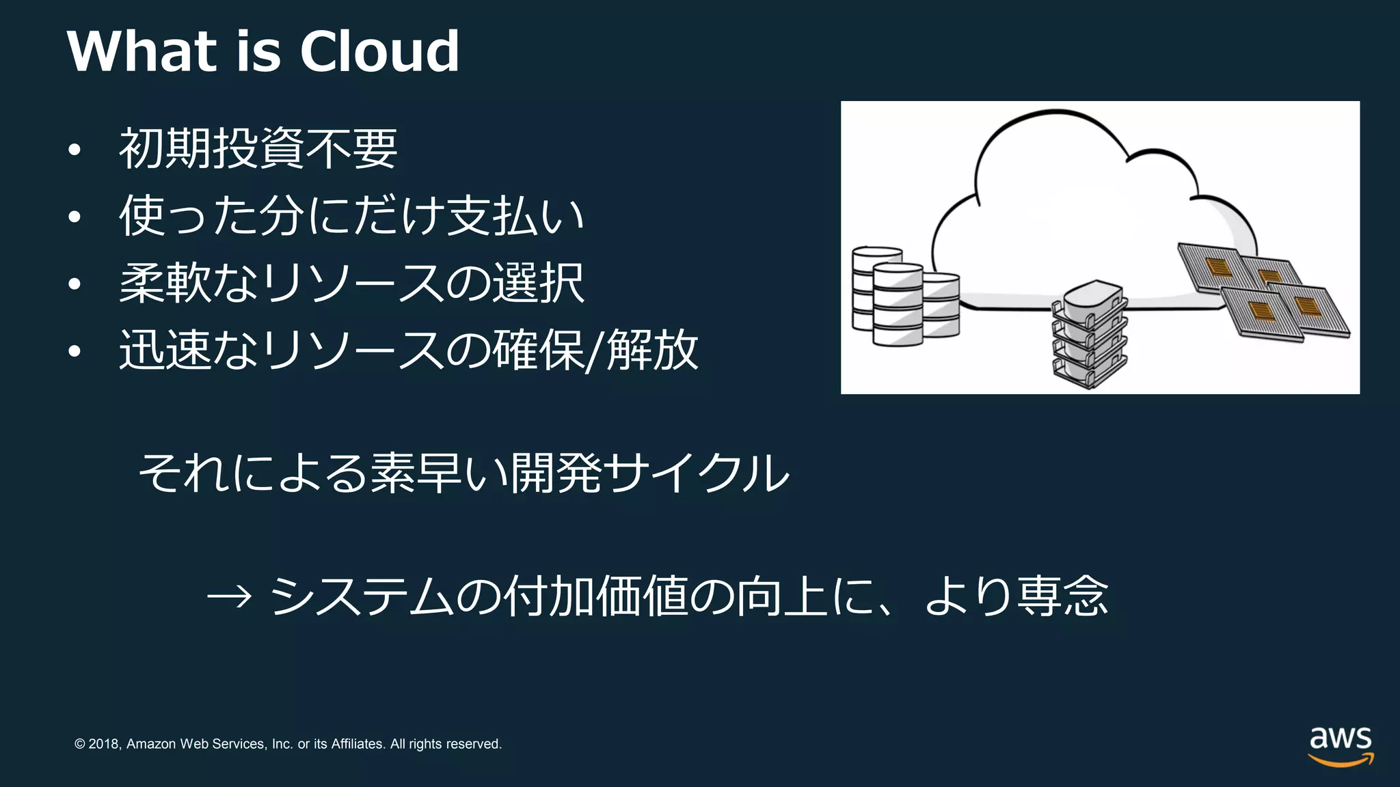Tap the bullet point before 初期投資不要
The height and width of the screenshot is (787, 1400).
(75, 150)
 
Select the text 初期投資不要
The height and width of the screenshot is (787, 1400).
(258, 149)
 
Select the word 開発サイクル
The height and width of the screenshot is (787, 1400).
(649, 473)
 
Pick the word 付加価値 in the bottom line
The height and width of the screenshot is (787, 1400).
(595, 596)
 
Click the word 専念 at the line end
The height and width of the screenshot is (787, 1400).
(1062, 596)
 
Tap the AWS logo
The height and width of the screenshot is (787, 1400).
(1341, 746)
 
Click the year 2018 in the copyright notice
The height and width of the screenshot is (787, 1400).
(104, 744)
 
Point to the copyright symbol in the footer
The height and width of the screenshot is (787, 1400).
(80, 744)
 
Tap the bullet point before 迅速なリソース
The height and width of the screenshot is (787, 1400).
(75, 352)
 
